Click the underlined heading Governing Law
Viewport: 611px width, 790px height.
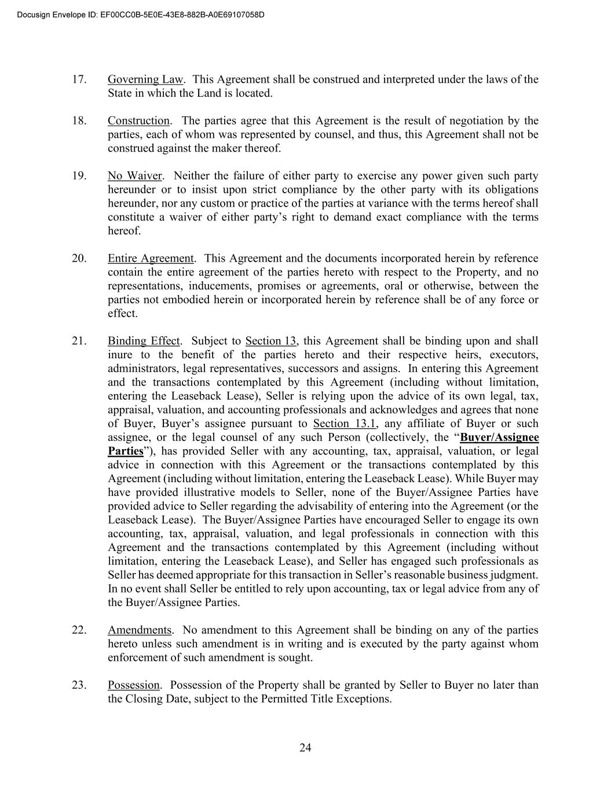pyautogui.click(x=145, y=79)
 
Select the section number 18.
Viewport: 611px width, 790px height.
pyautogui.click(x=79, y=121)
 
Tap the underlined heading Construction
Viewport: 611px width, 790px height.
pyautogui.click(x=138, y=121)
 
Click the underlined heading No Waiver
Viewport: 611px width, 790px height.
pyautogui.click(x=134, y=176)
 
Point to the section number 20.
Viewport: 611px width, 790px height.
pyautogui.click(x=79, y=259)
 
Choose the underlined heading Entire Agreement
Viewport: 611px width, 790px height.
pyautogui.click(x=151, y=259)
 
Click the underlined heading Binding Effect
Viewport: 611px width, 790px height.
pyautogui.click(x=144, y=341)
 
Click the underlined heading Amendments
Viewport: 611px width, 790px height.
pyautogui.click(x=140, y=630)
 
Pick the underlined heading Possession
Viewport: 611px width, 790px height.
pyautogui.click(x=133, y=685)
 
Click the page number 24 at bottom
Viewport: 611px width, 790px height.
pyautogui.click(x=305, y=748)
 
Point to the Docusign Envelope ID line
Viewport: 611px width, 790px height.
pyautogui.click(x=141, y=14)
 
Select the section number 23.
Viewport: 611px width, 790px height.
pyautogui.click(x=79, y=685)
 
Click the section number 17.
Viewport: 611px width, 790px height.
pyautogui.click(x=79, y=79)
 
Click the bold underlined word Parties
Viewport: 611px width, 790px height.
pyautogui.click(x=125, y=451)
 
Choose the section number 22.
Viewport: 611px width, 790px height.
pyautogui.click(x=79, y=630)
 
